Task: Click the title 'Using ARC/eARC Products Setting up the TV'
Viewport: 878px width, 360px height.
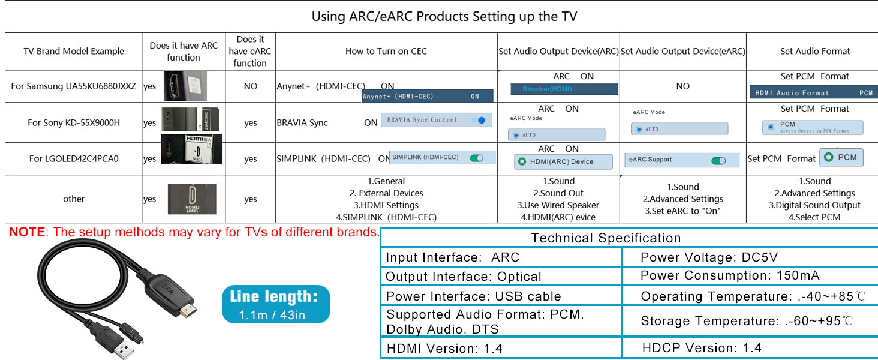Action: click(x=444, y=16)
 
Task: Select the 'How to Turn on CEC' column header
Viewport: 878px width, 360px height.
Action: click(x=386, y=52)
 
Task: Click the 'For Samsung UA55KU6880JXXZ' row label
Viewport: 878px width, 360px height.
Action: click(x=73, y=86)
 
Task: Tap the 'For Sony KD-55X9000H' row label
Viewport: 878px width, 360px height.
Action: click(x=73, y=123)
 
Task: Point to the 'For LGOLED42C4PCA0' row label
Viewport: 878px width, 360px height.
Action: click(x=73, y=159)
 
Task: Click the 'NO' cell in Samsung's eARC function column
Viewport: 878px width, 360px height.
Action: click(x=250, y=86)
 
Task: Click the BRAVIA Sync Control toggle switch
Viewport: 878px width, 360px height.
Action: click(x=479, y=120)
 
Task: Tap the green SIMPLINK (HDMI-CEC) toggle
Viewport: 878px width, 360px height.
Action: click(x=477, y=158)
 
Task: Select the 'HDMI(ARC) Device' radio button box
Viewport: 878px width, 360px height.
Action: click(x=563, y=161)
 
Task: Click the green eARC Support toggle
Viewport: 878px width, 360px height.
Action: click(x=717, y=160)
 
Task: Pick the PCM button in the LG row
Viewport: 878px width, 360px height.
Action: click(x=841, y=157)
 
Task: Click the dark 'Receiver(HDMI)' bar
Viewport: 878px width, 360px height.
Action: click(x=564, y=89)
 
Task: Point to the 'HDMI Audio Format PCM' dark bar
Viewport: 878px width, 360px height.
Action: click(x=813, y=93)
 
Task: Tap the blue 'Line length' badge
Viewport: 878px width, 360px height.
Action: click(x=276, y=304)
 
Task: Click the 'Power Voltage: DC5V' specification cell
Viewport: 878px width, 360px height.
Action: click(x=709, y=258)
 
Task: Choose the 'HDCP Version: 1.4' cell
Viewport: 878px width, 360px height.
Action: click(x=701, y=348)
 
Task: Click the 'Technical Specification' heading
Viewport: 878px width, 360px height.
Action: click(x=606, y=238)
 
